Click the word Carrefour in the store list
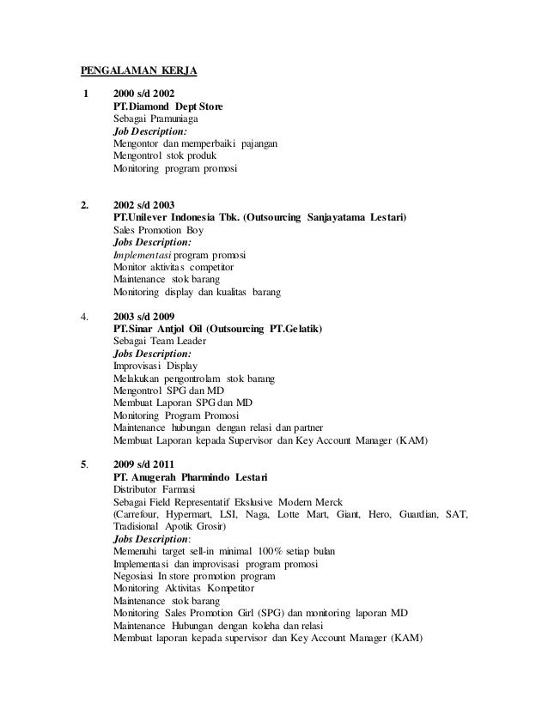[x=141, y=514]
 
